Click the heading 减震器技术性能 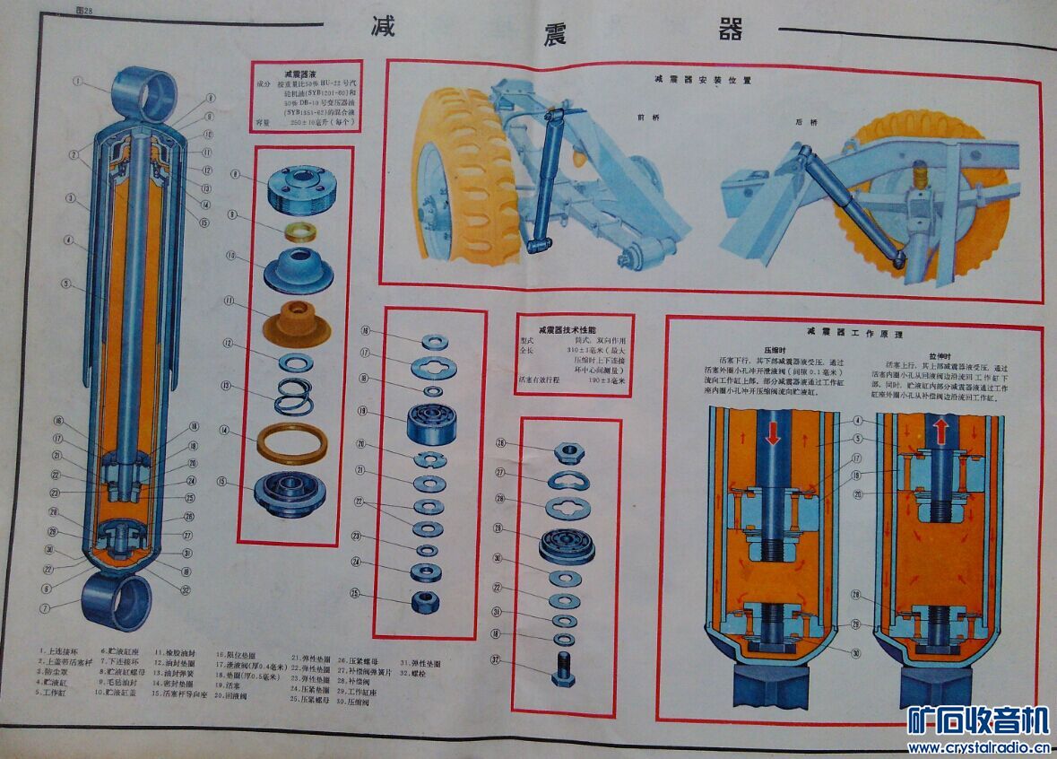575,329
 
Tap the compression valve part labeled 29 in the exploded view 568,545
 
